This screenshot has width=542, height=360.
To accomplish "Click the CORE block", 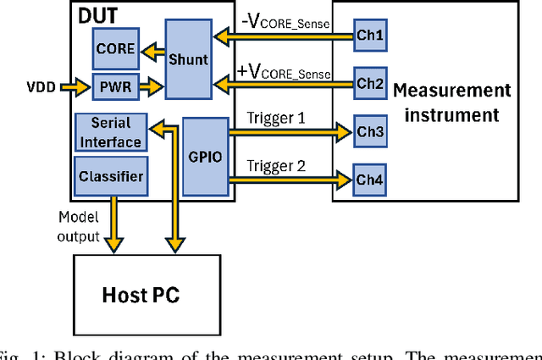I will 114,48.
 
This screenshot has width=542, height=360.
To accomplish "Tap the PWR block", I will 109,86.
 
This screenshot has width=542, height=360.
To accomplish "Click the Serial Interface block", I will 111,132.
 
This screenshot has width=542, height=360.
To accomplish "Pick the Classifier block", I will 110,176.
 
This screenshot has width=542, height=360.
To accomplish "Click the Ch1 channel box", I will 368,36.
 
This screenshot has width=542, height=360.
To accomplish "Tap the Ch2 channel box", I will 368,83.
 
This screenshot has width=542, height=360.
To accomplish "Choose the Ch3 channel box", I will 368,132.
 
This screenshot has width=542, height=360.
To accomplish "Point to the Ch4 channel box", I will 368,179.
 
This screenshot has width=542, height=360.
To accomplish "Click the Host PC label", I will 141,296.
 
